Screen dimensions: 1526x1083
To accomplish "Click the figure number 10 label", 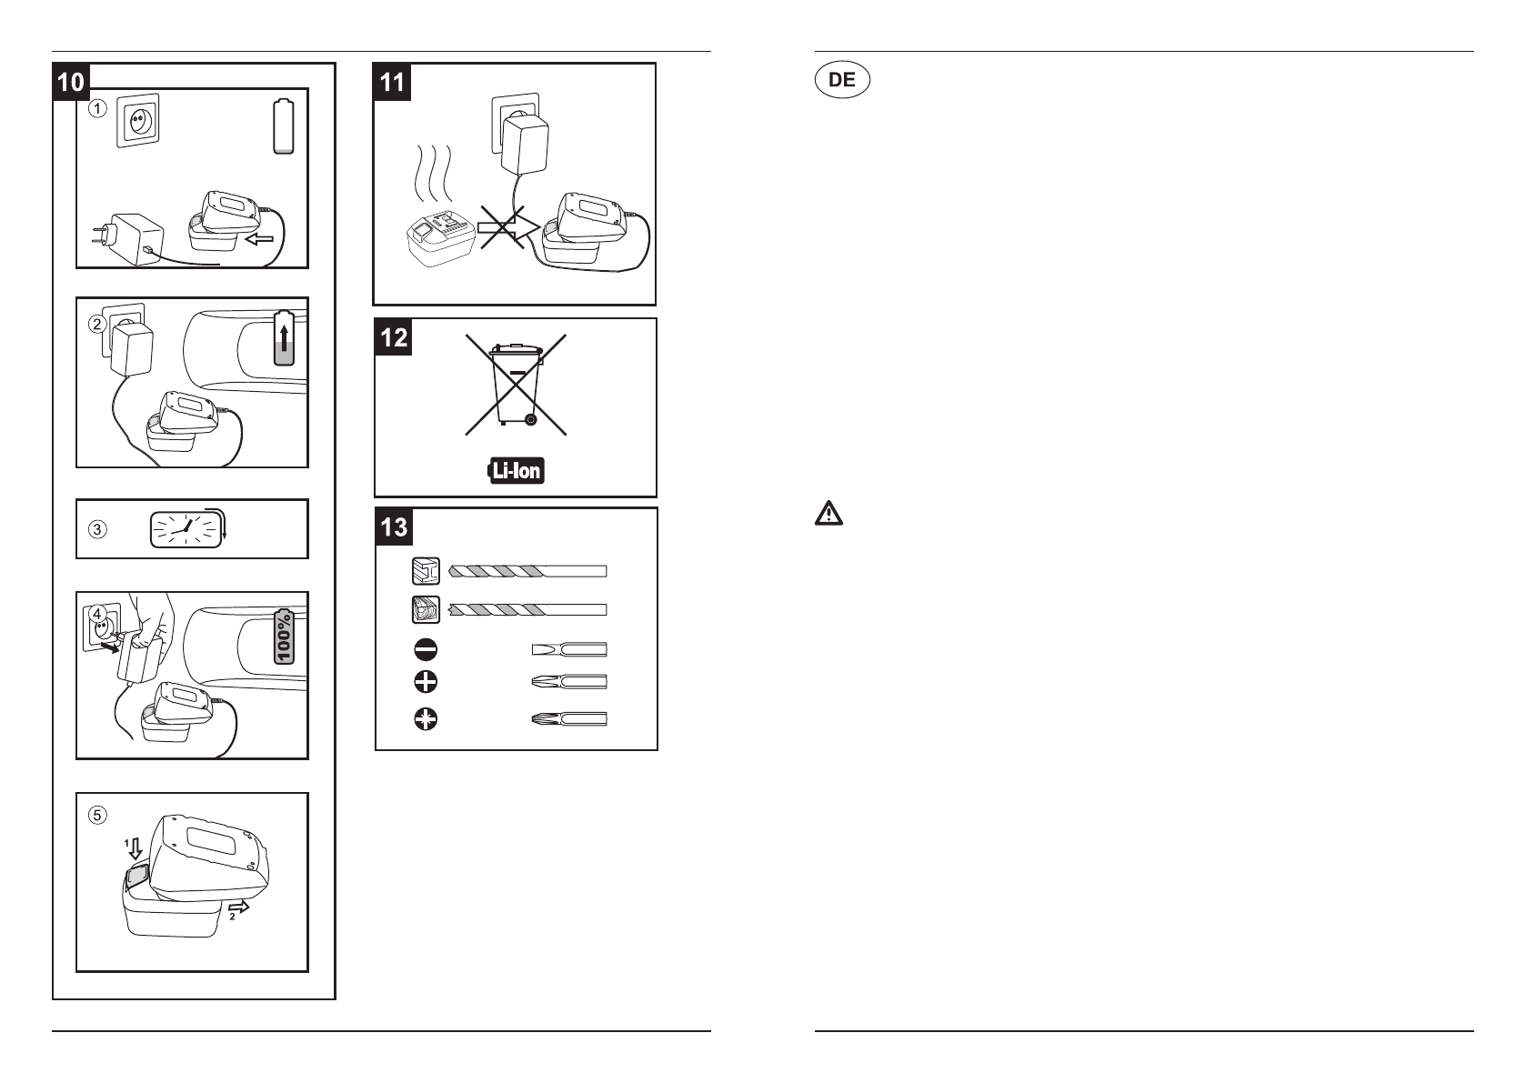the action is click(71, 82).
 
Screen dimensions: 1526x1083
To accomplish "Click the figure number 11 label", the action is click(392, 82).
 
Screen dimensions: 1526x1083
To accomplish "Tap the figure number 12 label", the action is click(393, 337).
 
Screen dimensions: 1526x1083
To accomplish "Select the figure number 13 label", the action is click(394, 526).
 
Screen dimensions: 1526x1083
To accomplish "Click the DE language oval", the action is click(842, 80).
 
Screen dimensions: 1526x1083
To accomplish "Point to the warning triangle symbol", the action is click(828, 514).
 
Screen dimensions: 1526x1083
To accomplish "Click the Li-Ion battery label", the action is click(516, 471).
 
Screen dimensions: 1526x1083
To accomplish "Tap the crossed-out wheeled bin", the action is click(516, 385).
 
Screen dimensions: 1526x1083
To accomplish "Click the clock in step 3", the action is click(186, 529).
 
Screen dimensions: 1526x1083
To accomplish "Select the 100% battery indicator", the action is click(284, 637).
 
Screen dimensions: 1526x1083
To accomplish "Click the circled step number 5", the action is click(97, 815).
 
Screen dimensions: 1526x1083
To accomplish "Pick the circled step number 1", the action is click(97, 108).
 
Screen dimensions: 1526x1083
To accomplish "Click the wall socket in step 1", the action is click(138, 121).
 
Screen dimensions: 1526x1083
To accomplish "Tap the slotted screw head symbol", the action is click(426, 650).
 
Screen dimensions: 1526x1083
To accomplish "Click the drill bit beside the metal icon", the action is click(527, 571).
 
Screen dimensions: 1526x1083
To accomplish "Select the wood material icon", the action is click(426, 609).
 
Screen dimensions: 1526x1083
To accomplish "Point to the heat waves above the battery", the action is click(434, 174).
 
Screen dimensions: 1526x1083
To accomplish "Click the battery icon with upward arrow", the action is click(284, 338).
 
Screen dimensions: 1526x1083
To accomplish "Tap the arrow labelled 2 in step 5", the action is click(238, 908).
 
